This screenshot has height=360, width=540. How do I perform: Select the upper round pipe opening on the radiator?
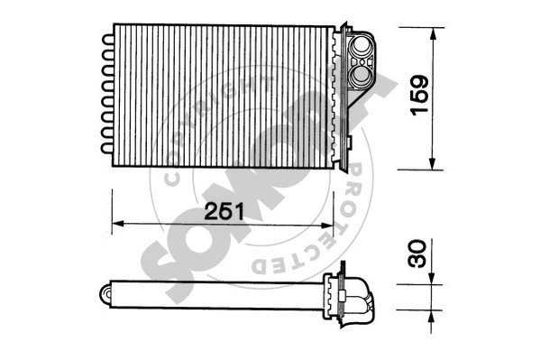(364, 44)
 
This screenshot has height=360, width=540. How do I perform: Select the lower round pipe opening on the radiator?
(364, 74)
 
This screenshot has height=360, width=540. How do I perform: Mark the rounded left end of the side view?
(105, 292)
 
